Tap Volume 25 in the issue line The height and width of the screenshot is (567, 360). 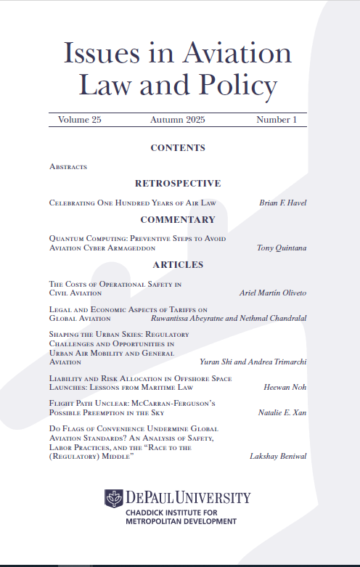pos(80,120)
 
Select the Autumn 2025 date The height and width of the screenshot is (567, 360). pos(178,120)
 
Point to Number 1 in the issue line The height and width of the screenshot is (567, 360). pos(277,120)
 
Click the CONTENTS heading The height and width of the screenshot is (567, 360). pos(178,148)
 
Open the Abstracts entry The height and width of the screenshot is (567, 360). pos(68,166)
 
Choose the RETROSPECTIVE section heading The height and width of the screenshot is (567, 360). pos(178,184)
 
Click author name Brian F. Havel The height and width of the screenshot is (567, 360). pos(283,203)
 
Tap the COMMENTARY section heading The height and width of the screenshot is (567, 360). pos(178,219)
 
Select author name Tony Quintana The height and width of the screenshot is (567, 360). pos(282,248)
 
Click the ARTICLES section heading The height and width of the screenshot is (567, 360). pos(178,265)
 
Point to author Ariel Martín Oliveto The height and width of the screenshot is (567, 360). pos(273,293)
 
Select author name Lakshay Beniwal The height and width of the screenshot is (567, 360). pos(279,457)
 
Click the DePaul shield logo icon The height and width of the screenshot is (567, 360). pos(114,498)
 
